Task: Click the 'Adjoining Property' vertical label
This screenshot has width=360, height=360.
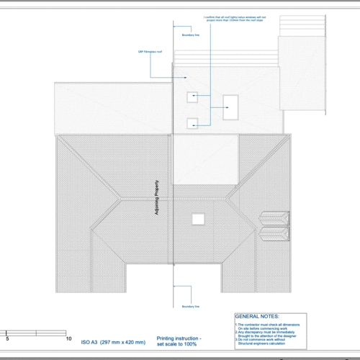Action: click(x=156, y=199)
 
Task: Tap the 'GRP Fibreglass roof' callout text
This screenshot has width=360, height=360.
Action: click(x=149, y=52)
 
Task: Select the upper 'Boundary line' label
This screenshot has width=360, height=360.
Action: click(x=190, y=34)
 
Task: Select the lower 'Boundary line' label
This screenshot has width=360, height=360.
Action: click(x=190, y=306)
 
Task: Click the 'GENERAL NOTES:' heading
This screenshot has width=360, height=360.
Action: click(x=258, y=316)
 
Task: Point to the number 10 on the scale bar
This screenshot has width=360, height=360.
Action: click(x=68, y=338)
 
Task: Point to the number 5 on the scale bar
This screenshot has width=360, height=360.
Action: click(x=7, y=338)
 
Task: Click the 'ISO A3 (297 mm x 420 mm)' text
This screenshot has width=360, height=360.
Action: click(x=112, y=341)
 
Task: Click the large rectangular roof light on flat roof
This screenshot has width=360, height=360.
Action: click(x=230, y=107)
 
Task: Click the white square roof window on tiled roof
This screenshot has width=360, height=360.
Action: click(x=197, y=218)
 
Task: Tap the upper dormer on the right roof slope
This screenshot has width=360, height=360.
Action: click(x=274, y=217)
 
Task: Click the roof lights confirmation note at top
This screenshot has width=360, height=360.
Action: click(x=230, y=19)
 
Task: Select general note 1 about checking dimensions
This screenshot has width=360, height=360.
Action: click(x=269, y=326)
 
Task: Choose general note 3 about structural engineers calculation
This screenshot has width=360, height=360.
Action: click(x=269, y=342)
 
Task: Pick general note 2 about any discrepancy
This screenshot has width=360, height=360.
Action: click(x=269, y=334)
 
